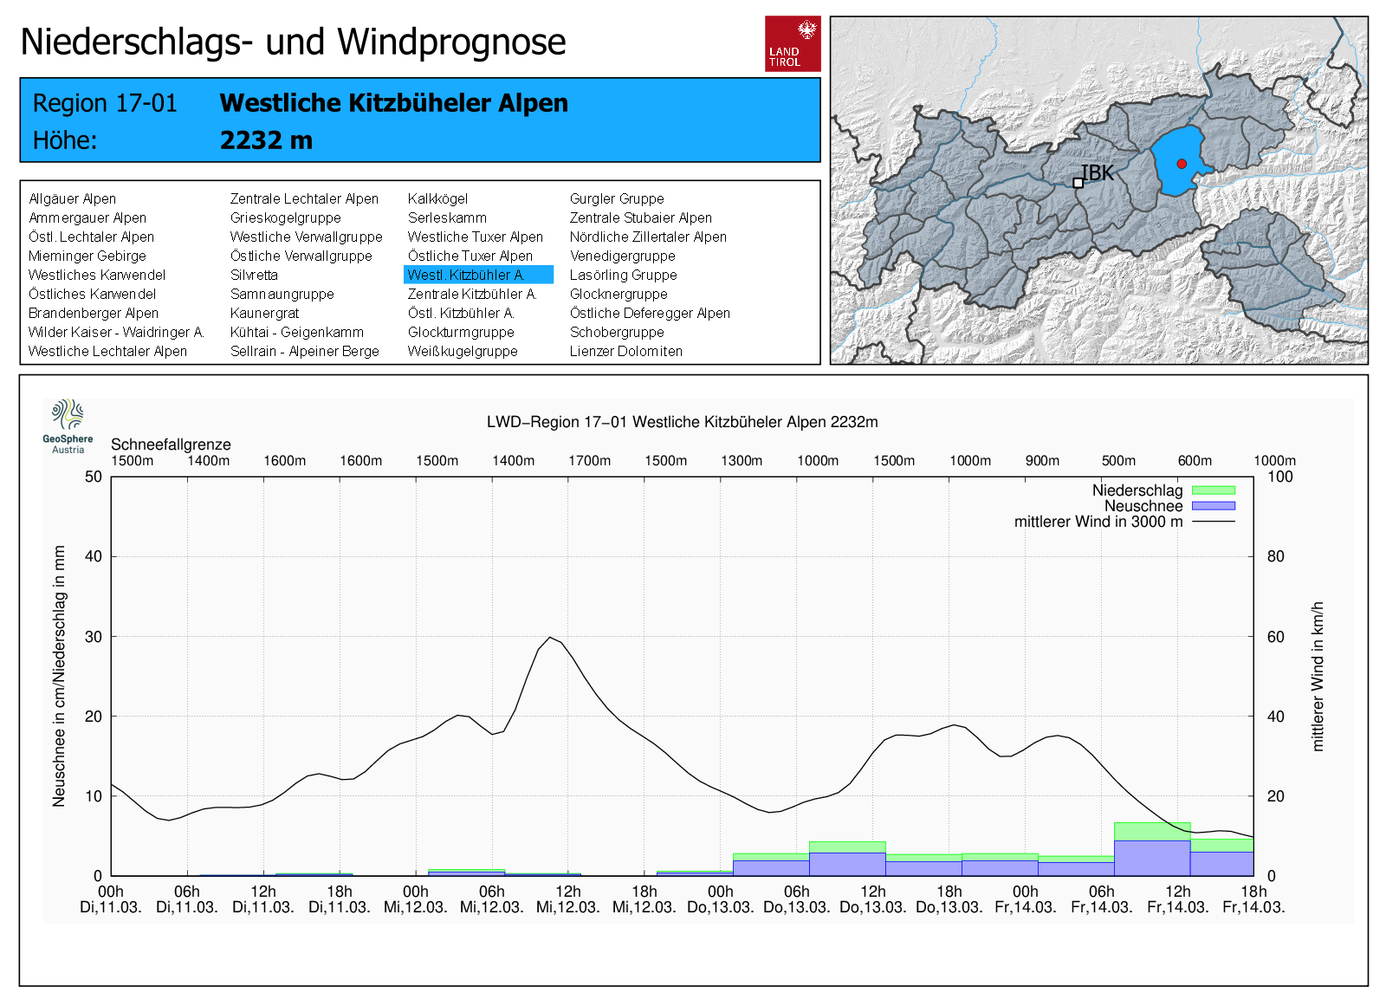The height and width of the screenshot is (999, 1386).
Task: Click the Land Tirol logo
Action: tap(793, 44)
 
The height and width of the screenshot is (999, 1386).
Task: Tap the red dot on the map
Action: tap(1182, 164)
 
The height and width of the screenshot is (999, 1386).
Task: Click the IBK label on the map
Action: tap(1097, 173)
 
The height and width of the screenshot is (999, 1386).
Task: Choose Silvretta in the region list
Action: tap(254, 275)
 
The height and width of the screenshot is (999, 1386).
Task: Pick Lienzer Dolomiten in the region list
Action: tap(625, 351)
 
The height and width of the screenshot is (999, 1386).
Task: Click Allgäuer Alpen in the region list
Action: tap(73, 198)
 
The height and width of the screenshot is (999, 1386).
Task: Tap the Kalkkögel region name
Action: tap(437, 198)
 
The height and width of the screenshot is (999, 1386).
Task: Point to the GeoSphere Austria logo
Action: tap(68, 426)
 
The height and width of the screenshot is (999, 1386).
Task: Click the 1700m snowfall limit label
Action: tap(589, 460)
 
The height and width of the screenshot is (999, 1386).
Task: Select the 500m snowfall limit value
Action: tap(1118, 460)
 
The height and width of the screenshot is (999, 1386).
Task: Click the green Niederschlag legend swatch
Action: tap(1214, 490)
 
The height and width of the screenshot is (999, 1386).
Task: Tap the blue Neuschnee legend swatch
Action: tap(1214, 506)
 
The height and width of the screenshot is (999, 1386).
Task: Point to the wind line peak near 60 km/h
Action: tap(550, 637)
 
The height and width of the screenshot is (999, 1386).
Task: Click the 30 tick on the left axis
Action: tap(94, 636)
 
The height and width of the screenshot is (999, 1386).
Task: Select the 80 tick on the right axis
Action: tap(1275, 556)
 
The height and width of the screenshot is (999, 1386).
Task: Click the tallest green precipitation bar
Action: tap(1152, 831)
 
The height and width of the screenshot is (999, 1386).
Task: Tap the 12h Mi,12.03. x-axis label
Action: tap(568, 899)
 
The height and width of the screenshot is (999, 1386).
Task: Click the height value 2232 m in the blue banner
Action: tap(266, 140)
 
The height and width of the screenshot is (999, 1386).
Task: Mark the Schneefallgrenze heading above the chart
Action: tap(171, 444)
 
